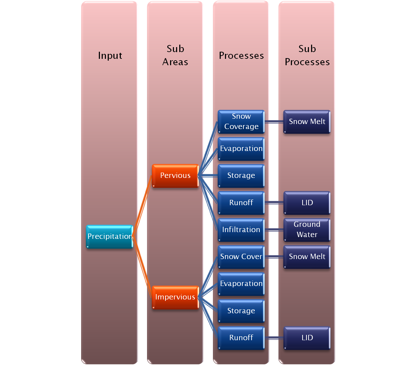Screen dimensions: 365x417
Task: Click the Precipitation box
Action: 109,236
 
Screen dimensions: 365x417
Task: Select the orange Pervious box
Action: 175,175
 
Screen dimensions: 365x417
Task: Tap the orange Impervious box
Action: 175,297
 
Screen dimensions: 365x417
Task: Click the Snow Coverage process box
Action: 241,122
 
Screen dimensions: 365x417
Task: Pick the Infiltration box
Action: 241,230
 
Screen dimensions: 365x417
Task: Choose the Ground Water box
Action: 307,230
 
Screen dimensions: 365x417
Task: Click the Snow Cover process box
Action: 241,257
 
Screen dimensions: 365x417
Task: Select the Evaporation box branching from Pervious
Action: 241,148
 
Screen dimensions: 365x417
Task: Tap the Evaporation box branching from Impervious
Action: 241,283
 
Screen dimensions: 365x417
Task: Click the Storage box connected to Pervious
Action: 241,175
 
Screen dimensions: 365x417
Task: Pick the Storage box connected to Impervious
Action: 241,311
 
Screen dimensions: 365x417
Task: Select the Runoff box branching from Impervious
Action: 241,338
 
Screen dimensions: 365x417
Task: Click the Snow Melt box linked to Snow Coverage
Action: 307,122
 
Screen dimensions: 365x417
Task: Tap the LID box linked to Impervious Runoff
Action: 307,338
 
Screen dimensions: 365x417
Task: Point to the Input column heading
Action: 110,56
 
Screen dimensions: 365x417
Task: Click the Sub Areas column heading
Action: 175,55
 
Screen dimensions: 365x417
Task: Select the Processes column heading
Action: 241,56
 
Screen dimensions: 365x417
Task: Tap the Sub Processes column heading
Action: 307,55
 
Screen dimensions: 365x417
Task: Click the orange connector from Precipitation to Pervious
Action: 142,206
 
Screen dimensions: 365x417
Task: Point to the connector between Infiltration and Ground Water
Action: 274,230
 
